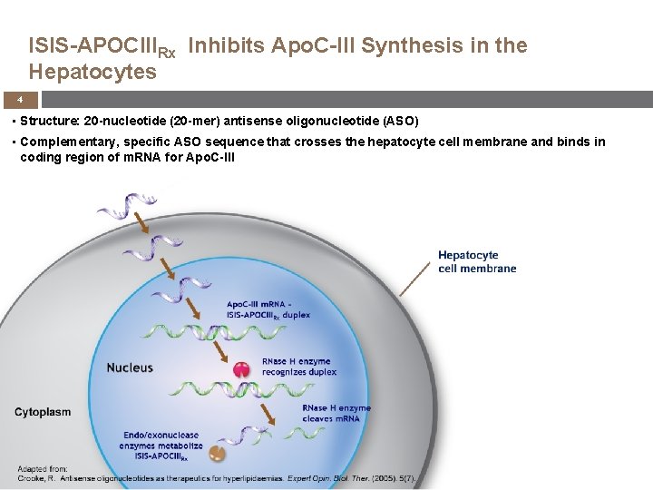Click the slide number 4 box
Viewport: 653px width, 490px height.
tap(19, 99)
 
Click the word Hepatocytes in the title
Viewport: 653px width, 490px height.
tap(93, 71)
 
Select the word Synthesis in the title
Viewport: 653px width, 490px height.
tap(408, 44)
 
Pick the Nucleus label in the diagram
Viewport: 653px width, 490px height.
tap(130, 367)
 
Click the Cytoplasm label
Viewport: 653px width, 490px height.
tap(43, 412)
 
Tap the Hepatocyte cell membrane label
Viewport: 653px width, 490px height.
tap(477, 261)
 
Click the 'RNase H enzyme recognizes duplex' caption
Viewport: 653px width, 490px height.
tap(297, 367)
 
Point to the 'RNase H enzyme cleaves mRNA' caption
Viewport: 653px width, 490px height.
tap(336, 413)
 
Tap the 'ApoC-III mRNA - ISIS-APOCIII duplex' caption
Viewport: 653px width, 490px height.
tap(268, 309)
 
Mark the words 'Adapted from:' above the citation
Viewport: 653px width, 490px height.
tap(40, 468)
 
